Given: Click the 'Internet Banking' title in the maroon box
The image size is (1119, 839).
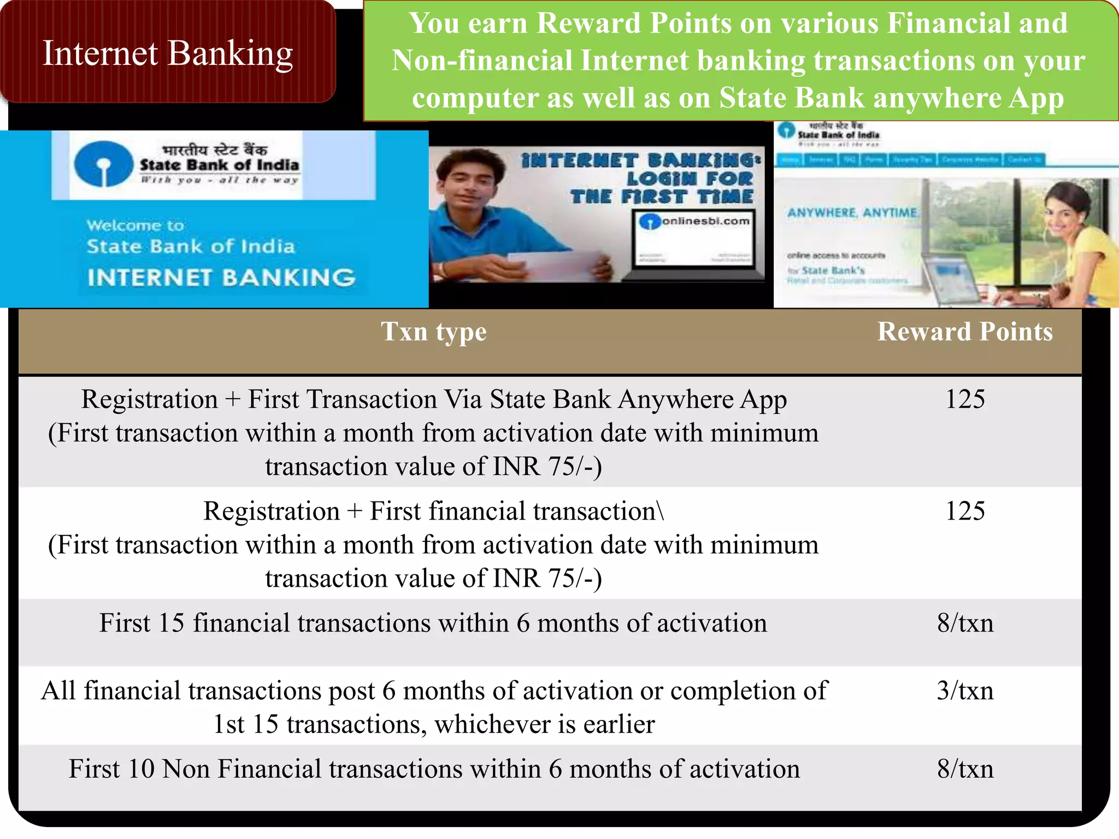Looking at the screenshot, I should point(168,54).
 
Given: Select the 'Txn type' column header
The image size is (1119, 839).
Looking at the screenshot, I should point(433,332).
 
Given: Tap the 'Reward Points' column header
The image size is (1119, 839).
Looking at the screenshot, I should point(965,332).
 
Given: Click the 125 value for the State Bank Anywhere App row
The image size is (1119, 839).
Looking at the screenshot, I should point(965,399).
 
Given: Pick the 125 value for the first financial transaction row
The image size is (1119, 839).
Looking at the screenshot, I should point(965,511).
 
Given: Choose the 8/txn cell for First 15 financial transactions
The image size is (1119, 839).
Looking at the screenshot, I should point(965,623).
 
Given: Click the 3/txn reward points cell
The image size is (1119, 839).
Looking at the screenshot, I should point(965,691).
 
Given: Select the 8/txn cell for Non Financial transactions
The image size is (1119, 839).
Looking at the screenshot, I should point(965,769).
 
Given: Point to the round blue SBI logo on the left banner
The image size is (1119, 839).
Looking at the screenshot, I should point(103,163).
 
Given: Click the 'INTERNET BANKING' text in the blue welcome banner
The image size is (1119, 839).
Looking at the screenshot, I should point(221,278).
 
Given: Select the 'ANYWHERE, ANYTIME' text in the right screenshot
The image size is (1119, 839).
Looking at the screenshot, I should point(852,212).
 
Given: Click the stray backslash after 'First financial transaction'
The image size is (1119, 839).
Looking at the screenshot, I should point(661,512).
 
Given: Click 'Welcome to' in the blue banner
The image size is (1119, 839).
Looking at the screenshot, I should point(135,226).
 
